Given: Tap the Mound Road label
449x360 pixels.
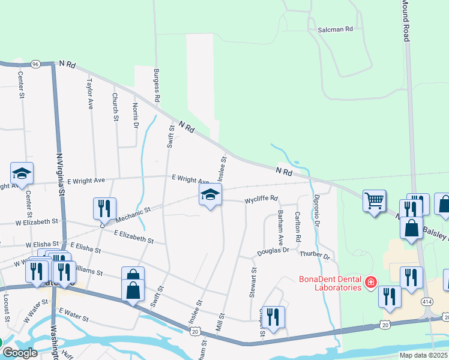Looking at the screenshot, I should (405, 21).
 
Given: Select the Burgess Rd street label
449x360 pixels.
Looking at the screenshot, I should (157, 85).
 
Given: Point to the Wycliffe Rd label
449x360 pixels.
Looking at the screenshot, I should (261, 199).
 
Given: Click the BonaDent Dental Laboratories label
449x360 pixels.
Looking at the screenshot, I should (331, 283).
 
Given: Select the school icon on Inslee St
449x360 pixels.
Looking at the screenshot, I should (211, 194).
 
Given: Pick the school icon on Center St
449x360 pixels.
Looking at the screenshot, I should (22, 174).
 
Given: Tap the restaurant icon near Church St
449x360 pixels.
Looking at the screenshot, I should (104, 208).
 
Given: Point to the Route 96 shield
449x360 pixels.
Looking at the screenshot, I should (36, 64).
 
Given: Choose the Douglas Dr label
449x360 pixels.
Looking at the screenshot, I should (273, 251).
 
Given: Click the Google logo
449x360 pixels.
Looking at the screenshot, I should (20, 353).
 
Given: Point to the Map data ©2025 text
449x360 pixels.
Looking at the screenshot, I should (424, 355).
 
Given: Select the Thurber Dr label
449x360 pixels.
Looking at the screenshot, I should (315, 256).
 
